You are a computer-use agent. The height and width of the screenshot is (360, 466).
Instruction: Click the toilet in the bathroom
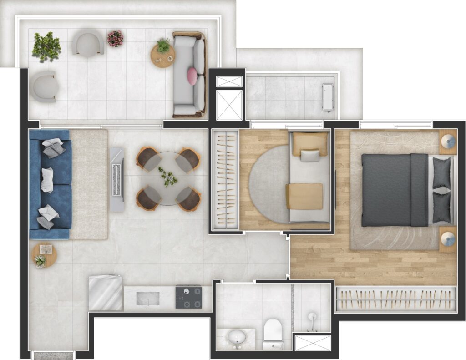(273, 333)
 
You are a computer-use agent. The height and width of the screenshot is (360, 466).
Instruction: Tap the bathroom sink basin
(236, 338)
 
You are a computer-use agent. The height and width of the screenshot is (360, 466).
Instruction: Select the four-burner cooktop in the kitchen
(188, 297)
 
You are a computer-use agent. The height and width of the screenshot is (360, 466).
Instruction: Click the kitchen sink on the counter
(148, 299)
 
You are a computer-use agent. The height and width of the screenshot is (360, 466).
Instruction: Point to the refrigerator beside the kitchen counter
(105, 293)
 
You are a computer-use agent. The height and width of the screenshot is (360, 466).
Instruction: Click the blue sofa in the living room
(50, 184)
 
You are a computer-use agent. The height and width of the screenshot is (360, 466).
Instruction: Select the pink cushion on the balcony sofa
(192, 76)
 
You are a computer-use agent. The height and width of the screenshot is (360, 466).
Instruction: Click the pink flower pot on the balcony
(115, 39)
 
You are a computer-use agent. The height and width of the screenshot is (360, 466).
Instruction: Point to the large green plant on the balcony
(46, 46)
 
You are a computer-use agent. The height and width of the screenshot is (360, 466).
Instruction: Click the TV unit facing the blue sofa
(117, 179)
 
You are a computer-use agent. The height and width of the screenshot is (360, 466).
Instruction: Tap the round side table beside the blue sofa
(44, 255)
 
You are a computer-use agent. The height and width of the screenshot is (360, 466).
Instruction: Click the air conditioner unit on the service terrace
(328, 97)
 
